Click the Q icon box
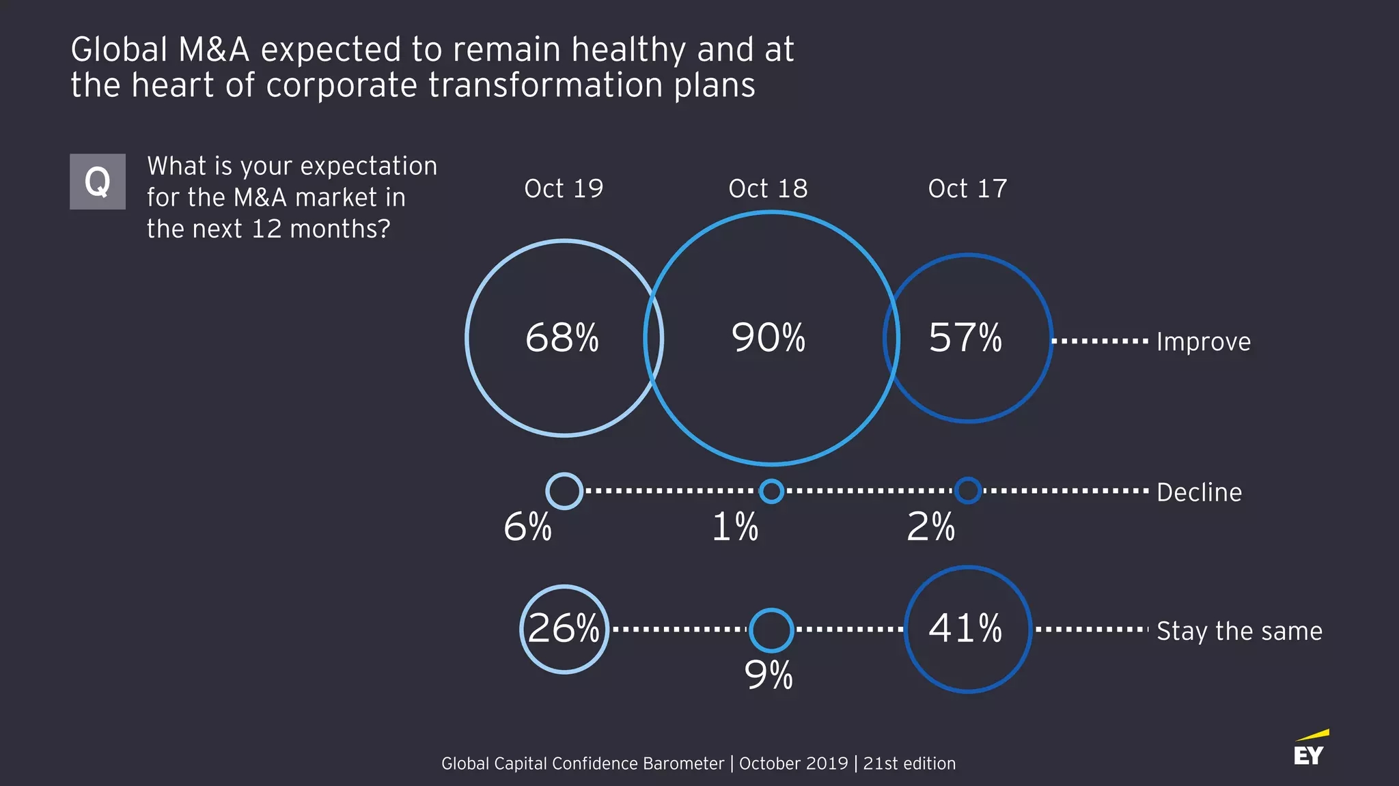(98, 182)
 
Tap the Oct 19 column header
(564, 188)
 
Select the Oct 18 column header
(768, 188)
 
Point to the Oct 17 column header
(967, 188)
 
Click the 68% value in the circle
(562, 338)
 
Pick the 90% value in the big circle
(768, 338)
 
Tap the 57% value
(965, 338)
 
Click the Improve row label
(1203, 341)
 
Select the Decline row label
(1199, 492)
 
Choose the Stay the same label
(1239, 631)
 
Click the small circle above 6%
(564, 491)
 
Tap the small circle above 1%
(771, 491)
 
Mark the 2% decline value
(930, 527)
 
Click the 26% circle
(564, 629)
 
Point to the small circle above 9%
(771, 630)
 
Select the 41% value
(965, 628)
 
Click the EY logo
(1310, 749)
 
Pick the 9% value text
(768, 675)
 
